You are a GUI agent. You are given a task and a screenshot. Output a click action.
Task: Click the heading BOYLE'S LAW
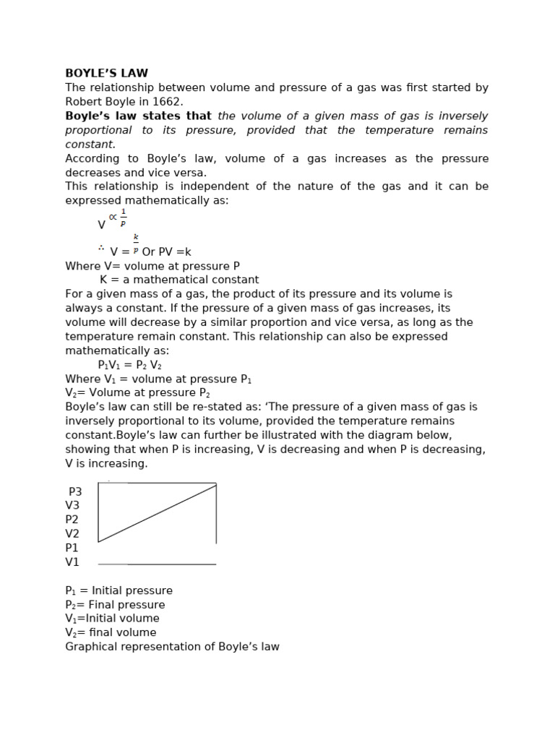point(106,73)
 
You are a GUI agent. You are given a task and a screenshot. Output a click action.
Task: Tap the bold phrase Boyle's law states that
point(138,116)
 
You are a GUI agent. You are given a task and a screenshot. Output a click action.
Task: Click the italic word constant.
point(90,145)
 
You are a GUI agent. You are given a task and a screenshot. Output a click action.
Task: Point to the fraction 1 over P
point(123,218)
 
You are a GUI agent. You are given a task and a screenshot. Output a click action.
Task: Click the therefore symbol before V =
point(101,249)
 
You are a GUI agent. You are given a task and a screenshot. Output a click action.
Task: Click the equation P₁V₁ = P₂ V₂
point(129,365)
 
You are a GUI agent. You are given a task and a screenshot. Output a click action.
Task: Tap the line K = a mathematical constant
point(179,280)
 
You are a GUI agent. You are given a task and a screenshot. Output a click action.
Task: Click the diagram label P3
point(75,491)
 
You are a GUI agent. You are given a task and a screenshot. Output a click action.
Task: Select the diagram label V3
point(72,506)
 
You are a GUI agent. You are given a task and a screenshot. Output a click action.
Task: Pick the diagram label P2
point(72,520)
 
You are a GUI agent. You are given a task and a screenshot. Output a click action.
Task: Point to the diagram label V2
point(72,534)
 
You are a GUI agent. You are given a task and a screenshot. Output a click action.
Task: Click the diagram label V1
point(72,562)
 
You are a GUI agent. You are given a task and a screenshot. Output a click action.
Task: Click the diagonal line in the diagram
point(158,513)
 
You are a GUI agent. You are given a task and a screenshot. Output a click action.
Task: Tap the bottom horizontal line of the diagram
point(157,564)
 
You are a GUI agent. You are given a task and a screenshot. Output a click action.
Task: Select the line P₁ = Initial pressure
point(119,590)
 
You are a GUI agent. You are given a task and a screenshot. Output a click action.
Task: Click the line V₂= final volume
point(111,632)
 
